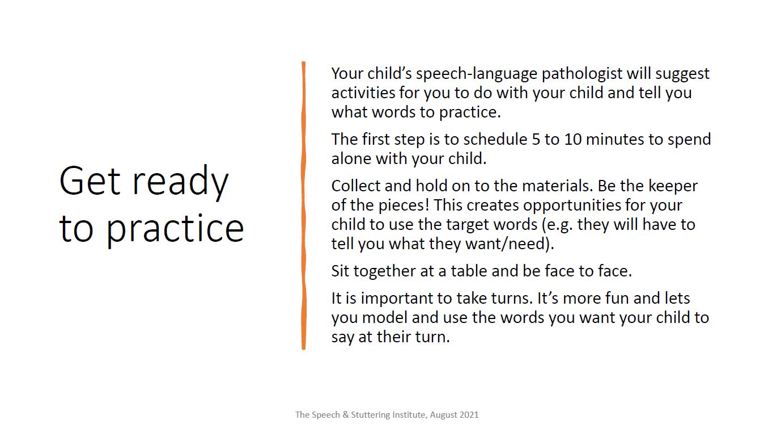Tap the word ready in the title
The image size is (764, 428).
[x=180, y=183]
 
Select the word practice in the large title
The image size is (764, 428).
[x=175, y=229]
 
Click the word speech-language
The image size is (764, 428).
[x=474, y=74]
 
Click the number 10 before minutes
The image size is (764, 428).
[x=573, y=140]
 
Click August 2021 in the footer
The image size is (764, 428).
[x=454, y=415]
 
